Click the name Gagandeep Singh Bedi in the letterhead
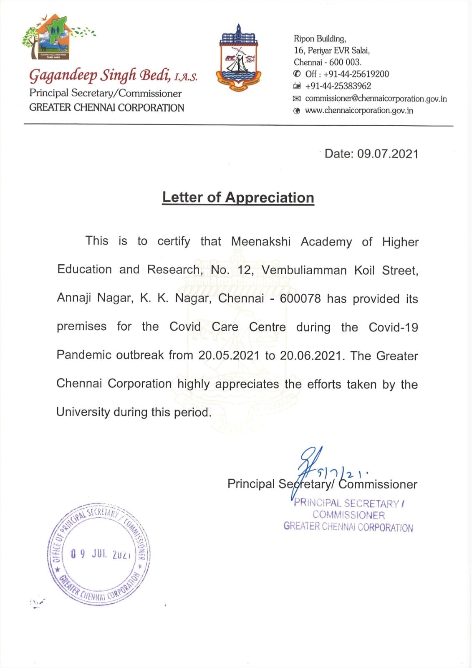(x=100, y=76)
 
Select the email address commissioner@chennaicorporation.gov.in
(x=376, y=99)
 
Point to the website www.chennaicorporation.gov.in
(x=359, y=111)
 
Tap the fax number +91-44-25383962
(x=338, y=86)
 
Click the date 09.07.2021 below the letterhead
(x=388, y=154)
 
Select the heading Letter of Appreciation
(x=238, y=197)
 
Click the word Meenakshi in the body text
(x=260, y=242)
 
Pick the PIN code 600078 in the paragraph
(x=300, y=299)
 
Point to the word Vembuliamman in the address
(x=304, y=270)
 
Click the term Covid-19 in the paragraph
(x=393, y=327)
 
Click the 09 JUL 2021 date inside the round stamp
(x=100, y=554)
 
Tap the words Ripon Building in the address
(x=320, y=39)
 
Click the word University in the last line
(x=83, y=412)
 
